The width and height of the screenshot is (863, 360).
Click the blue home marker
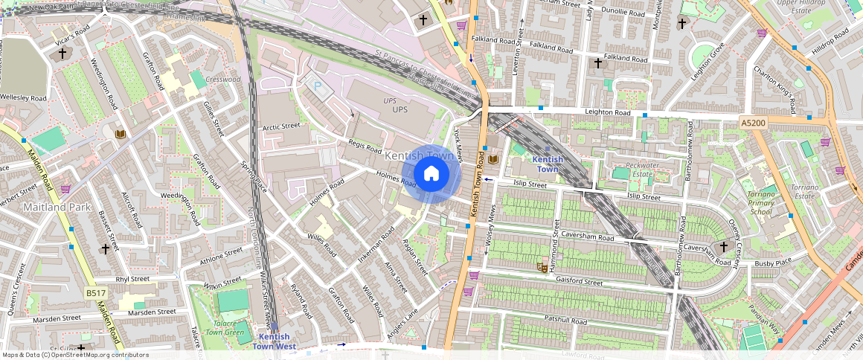click(431, 175)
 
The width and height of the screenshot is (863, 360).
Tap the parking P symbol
click(318, 87)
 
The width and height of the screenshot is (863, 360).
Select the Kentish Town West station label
click(274, 341)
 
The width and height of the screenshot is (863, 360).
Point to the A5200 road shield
click(755, 121)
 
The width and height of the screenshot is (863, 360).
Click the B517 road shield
click(95, 293)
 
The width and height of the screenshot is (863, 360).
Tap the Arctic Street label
click(281, 126)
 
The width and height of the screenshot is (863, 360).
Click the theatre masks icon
click(542, 266)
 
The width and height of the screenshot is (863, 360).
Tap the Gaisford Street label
click(579, 282)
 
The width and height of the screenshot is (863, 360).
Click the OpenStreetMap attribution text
click(74, 355)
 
